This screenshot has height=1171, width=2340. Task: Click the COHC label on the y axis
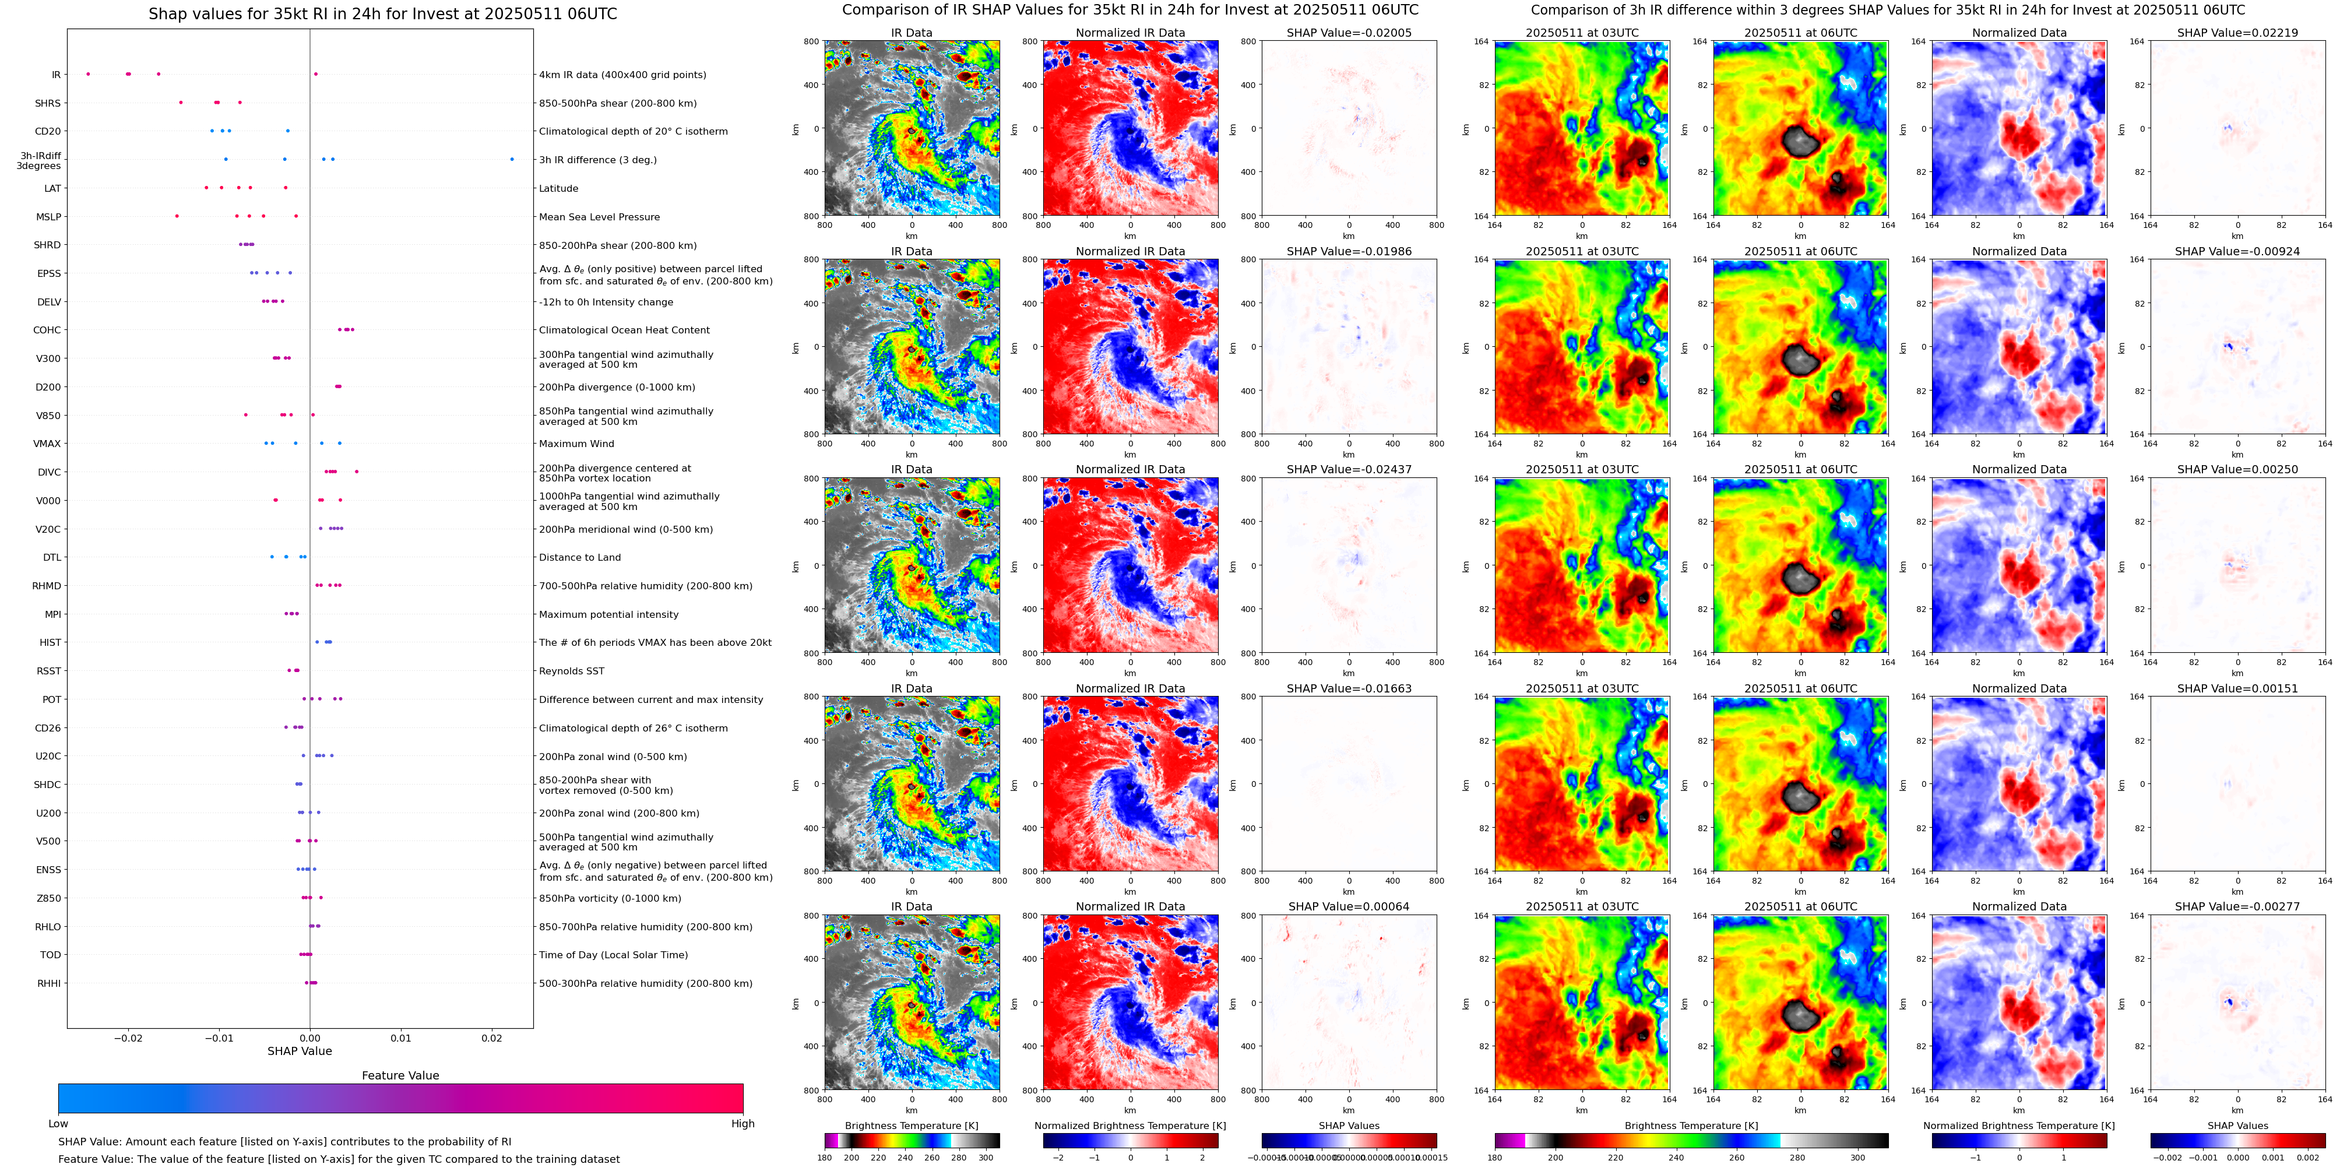[x=47, y=330]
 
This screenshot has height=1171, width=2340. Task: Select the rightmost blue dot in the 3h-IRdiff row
[x=512, y=159]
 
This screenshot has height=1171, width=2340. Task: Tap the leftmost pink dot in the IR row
[x=88, y=73]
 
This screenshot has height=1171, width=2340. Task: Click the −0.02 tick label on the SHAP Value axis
[x=128, y=1038]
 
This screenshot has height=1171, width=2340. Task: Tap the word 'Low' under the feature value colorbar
[x=58, y=1124]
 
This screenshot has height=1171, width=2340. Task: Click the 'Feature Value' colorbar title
[x=400, y=1075]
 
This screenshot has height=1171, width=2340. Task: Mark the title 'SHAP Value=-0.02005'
[x=1349, y=33]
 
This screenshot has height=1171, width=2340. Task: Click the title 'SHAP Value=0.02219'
[x=2237, y=33]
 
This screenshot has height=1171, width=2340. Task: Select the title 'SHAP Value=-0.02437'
[x=1349, y=470]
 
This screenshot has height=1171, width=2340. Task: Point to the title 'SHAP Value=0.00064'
[x=1349, y=906]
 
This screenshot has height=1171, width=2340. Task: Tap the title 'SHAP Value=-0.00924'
[x=2237, y=252]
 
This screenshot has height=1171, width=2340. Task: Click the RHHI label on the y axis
[x=49, y=983]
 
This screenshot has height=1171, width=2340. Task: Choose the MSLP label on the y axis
[x=49, y=216]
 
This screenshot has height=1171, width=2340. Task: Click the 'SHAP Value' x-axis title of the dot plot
[x=300, y=1051]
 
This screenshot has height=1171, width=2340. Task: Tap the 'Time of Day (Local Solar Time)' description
[x=613, y=955]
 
